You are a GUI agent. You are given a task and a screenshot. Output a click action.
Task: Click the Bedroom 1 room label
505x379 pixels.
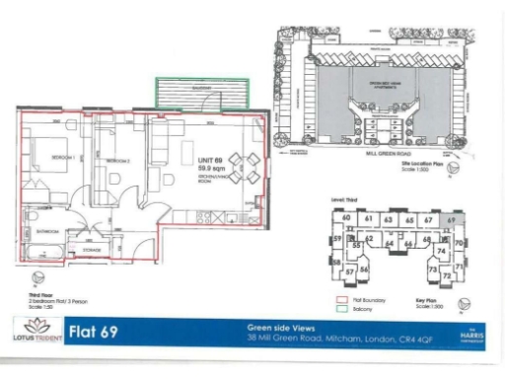coord(53,157)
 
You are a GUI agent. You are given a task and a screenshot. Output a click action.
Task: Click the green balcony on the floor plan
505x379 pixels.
coord(200,96)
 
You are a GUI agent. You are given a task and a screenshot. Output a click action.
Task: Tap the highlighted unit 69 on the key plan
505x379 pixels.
coord(452,219)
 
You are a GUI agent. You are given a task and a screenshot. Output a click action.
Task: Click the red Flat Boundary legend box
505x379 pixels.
coord(342,300)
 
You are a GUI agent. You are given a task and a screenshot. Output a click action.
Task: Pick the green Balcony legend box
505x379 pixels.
coord(342,308)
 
